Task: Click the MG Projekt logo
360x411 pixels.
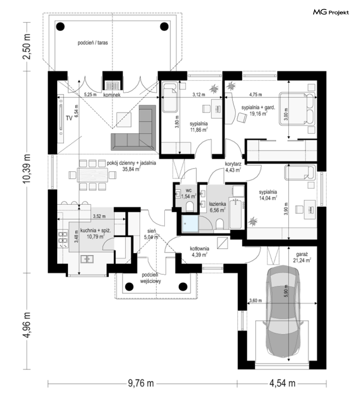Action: tap(331, 12)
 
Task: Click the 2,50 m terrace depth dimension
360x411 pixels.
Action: tap(27, 47)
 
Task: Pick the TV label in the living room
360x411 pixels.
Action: tap(69, 118)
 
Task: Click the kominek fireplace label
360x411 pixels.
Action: tap(112, 95)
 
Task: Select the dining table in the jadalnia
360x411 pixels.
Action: tap(93, 175)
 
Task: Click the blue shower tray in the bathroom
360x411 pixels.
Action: tap(190, 224)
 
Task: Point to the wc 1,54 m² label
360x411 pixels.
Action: tap(189, 193)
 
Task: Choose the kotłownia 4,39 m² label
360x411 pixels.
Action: tap(200, 252)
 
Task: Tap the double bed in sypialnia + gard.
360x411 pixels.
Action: tap(297, 109)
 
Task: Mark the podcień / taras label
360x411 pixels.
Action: tap(93, 42)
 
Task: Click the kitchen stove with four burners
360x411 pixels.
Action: tap(63, 240)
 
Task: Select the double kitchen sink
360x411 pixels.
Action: tap(87, 259)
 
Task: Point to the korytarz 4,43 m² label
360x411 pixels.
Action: tap(233, 167)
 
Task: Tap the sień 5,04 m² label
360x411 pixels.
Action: tap(152, 234)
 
